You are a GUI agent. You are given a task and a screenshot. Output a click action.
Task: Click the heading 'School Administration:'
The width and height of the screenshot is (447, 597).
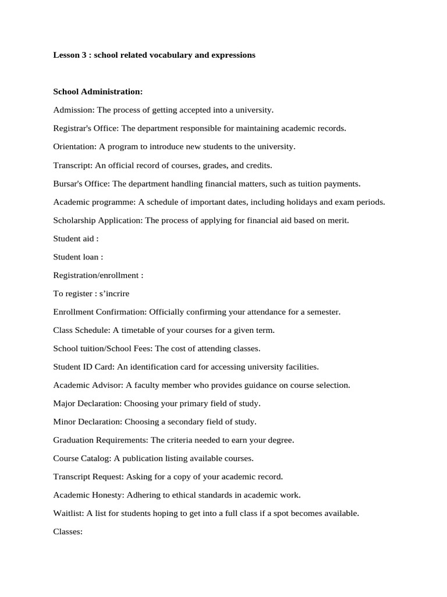click(98, 92)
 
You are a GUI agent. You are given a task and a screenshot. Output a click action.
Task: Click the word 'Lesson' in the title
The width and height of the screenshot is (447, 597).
click(65, 55)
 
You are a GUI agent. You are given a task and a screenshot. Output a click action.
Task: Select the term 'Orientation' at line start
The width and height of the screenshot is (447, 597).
click(73, 146)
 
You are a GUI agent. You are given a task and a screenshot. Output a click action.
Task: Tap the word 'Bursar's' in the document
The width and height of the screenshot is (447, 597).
click(68, 183)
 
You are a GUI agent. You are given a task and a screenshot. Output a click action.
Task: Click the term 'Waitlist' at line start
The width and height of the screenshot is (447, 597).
click(68, 514)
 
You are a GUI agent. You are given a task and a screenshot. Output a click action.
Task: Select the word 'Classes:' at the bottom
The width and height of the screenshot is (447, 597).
click(68, 532)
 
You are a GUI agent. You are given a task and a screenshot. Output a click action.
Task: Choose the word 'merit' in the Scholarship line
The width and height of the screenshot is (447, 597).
click(338, 220)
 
